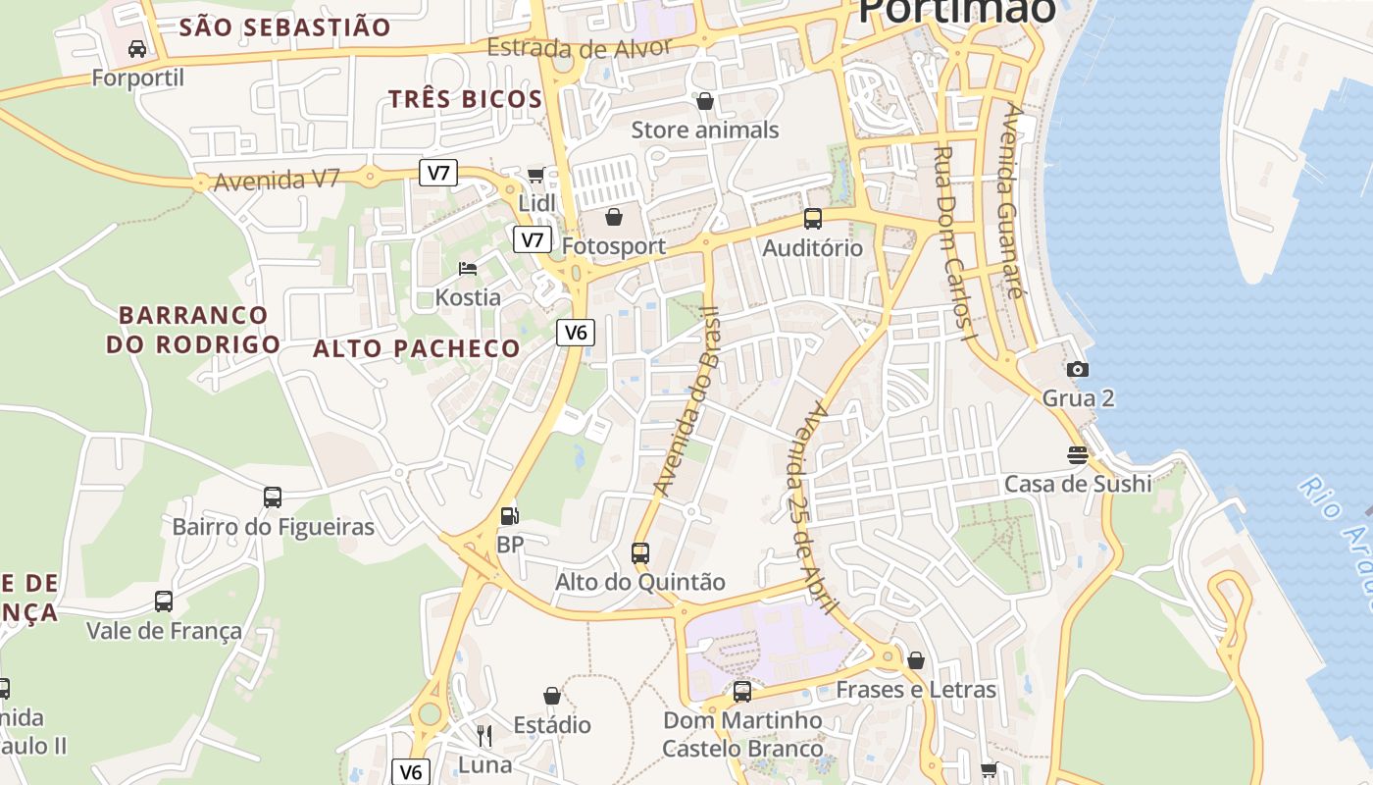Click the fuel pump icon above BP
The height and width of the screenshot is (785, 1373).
(509, 515)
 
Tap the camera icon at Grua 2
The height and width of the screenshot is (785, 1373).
(1078, 369)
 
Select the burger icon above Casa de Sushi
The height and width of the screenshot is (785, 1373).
(1078, 455)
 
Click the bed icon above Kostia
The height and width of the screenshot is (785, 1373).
(468, 269)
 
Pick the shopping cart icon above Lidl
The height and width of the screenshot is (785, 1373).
(535, 175)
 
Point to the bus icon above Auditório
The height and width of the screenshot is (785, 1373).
(813, 219)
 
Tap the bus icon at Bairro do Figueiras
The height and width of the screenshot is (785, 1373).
(273, 497)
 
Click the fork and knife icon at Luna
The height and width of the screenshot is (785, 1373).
(484, 735)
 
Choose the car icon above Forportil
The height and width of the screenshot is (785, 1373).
(137, 48)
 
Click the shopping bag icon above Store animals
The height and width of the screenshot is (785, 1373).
(704, 100)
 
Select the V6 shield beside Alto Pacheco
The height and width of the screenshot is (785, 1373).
(576, 333)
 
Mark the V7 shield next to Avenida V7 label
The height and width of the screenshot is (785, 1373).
(438, 174)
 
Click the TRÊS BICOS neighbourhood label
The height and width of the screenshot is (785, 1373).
(465, 99)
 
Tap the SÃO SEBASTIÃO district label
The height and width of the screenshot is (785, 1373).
(284, 27)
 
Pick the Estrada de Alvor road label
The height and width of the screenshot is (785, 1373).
(579, 46)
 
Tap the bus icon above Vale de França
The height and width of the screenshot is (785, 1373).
(164, 602)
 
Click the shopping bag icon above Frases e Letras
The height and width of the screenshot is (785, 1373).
(916, 660)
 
